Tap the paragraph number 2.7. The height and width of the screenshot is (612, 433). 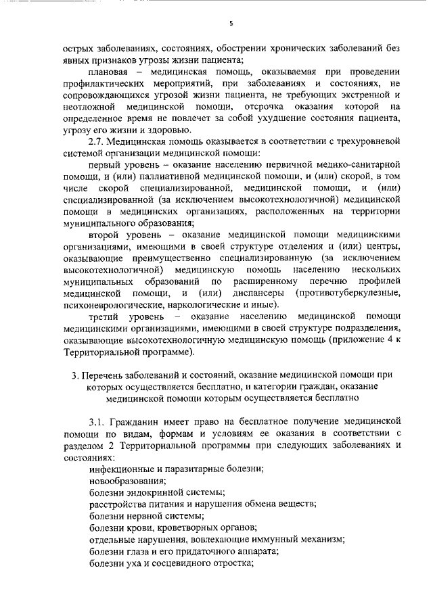click(x=99, y=141)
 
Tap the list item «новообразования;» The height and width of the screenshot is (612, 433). click(x=128, y=481)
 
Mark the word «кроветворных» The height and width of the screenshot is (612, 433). click(x=190, y=527)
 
